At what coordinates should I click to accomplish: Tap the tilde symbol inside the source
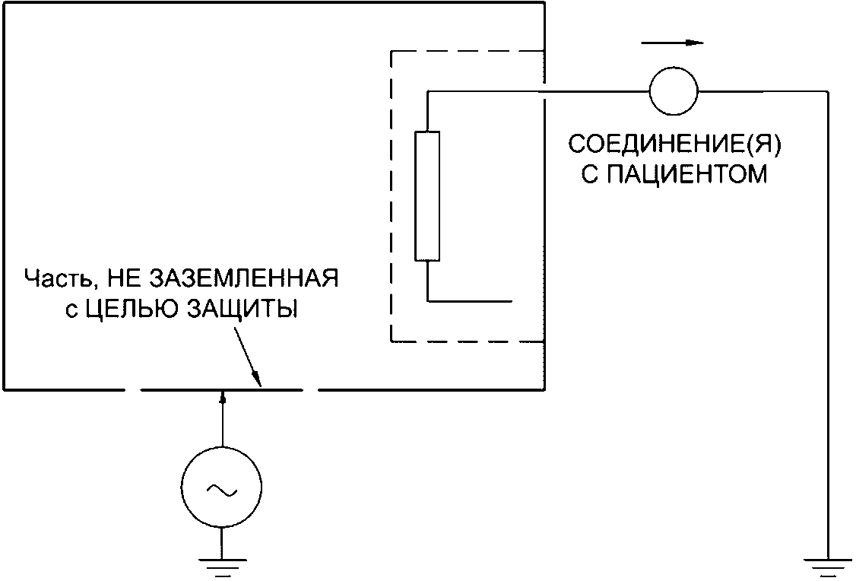tap(220, 489)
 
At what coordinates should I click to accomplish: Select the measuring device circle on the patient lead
tap(673, 90)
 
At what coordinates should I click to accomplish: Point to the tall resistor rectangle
tap(427, 196)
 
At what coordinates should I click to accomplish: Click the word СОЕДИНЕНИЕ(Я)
tap(659, 144)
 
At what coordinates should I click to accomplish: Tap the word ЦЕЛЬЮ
tap(116, 310)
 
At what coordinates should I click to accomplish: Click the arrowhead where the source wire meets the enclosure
tap(222, 395)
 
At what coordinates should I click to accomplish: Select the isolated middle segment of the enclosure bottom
tap(222, 389)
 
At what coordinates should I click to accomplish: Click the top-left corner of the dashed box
tap(391, 51)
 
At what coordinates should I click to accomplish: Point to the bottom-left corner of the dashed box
tap(391, 342)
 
